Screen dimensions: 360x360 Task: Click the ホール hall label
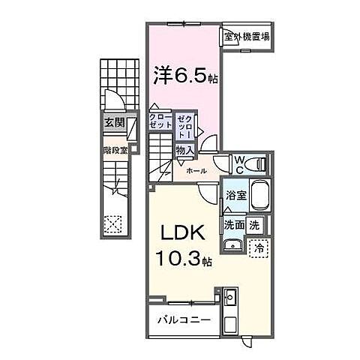(x=196, y=171)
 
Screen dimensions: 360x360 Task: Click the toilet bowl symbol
(x=258, y=163)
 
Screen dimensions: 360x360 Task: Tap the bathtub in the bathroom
(x=258, y=196)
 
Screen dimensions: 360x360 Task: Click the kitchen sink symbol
(x=229, y=298)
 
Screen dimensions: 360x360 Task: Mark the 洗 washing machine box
(x=255, y=225)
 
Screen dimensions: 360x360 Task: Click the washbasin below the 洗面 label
(x=231, y=243)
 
